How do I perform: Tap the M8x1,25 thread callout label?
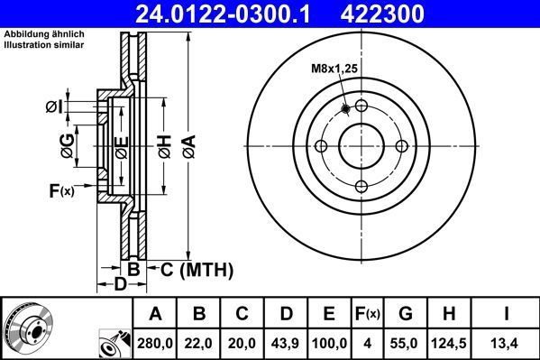[x=334, y=66]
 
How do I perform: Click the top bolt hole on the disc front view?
[x=362, y=106]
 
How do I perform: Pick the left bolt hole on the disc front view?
[x=321, y=146]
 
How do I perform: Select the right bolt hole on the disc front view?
[x=402, y=146]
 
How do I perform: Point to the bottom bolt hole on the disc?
[x=362, y=187]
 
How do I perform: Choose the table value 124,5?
[x=452, y=344]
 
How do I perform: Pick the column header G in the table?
[x=407, y=314]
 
